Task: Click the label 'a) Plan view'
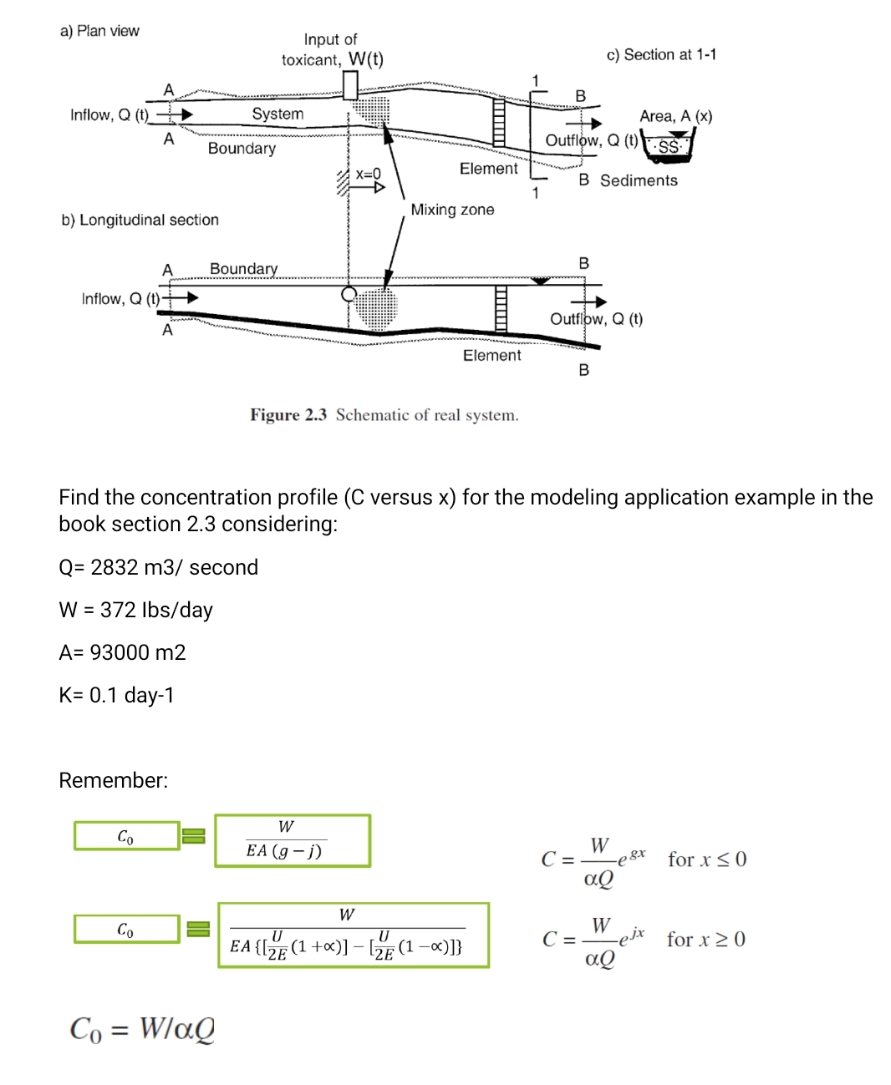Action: (x=99, y=31)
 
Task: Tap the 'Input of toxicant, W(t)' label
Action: (x=332, y=50)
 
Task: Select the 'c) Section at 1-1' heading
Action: (x=661, y=55)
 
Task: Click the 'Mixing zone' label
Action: (x=452, y=210)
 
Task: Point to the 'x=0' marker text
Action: (x=368, y=174)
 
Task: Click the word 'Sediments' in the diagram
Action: (x=639, y=180)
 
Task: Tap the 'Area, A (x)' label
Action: (x=675, y=116)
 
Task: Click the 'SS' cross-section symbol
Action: (x=669, y=147)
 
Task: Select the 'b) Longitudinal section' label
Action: (x=140, y=220)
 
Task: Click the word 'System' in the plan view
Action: (x=277, y=114)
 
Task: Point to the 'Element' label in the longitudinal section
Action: (x=491, y=355)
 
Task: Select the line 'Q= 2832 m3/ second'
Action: (x=158, y=567)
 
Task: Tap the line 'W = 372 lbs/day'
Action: (x=135, y=610)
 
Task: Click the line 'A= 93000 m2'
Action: (x=122, y=652)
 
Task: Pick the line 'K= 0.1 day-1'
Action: (x=116, y=695)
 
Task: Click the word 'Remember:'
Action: (x=113, y=780)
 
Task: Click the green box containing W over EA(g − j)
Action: (x=292, y=840)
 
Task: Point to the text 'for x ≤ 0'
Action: (x=707, y=859)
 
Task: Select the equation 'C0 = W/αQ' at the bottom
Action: (x=142, y=1028)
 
